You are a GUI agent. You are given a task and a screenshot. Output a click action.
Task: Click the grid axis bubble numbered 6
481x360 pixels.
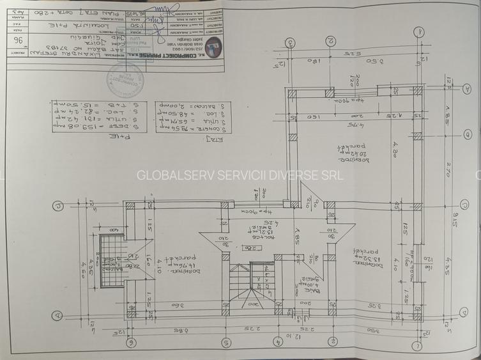tap(132, 342)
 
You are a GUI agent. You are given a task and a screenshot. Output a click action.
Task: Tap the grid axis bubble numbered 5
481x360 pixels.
tap(225, 342)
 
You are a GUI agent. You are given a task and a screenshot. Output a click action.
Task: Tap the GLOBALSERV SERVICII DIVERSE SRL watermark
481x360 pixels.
tap(240, 175)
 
